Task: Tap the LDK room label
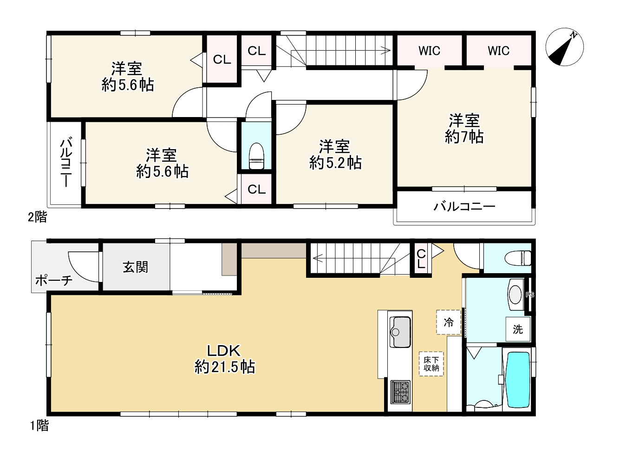[224, 359]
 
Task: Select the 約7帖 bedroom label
[464, 128]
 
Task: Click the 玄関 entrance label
[135, 267]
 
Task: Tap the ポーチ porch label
[54, 281]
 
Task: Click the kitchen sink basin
[400, 332]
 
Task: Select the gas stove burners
[400, 392]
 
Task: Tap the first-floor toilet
[518, 258]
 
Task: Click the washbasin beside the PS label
[516, 295]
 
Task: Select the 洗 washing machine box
[518, 329]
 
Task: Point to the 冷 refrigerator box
[449, 322]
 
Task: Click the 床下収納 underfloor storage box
[431, 364]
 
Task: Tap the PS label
[530, 295]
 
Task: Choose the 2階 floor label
[37, 216]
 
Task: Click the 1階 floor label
[39, 426]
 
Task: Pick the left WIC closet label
[429, 51]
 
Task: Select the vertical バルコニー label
[66, 163]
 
